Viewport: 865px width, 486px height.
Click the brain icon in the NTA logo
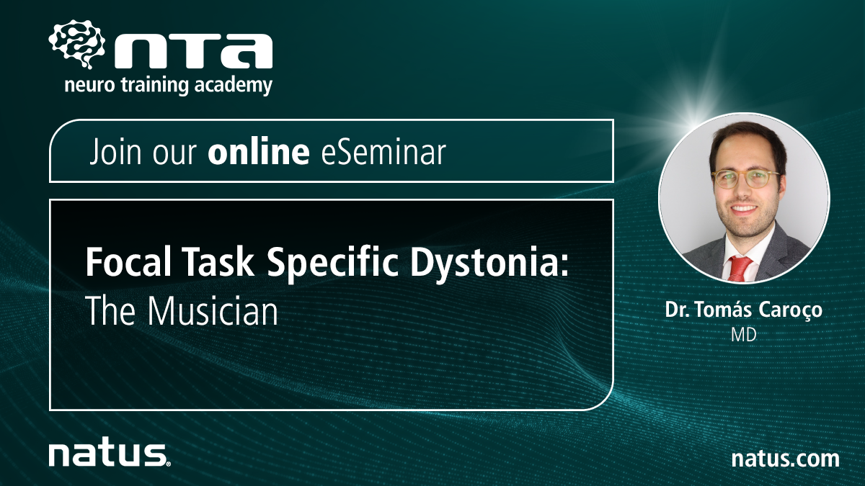coord(76,45)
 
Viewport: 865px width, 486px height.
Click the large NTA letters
coord(193,51)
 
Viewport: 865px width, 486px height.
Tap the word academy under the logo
coord(234,85)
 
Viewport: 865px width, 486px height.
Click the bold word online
coord(259,151)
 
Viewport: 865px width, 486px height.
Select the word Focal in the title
coord(128,261)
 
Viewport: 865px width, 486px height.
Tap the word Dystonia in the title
coord(489,263)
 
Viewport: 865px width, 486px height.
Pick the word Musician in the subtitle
coord(213,311)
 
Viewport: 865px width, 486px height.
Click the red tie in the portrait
coord(740,269)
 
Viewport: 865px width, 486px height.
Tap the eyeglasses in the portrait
coord(745,179)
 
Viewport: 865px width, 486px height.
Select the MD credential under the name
coord(744,336)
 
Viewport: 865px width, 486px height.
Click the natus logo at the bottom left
coord(110,455)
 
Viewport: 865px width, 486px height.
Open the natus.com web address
coord(786,459)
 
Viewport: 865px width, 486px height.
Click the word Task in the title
coord(218,261)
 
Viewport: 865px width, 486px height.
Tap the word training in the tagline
coord(155,86)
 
